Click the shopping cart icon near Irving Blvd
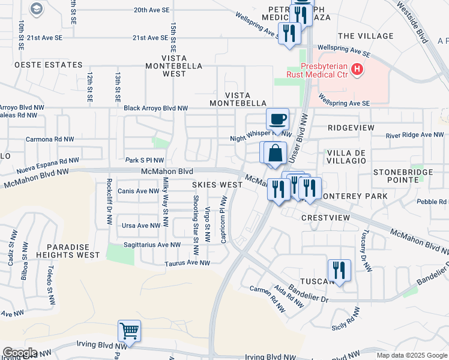[129, 331]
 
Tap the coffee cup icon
[277, 119]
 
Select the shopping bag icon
[274, 153]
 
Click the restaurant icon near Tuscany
[339, 270]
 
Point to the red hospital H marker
[358, 70]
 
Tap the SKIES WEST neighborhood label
[217, 185]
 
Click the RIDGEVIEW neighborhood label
[351, 128]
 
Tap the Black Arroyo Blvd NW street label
[155, 109]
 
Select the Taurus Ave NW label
[188, 263]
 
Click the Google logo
[20, 352]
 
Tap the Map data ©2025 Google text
[412, 355]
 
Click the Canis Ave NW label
[139, 191]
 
